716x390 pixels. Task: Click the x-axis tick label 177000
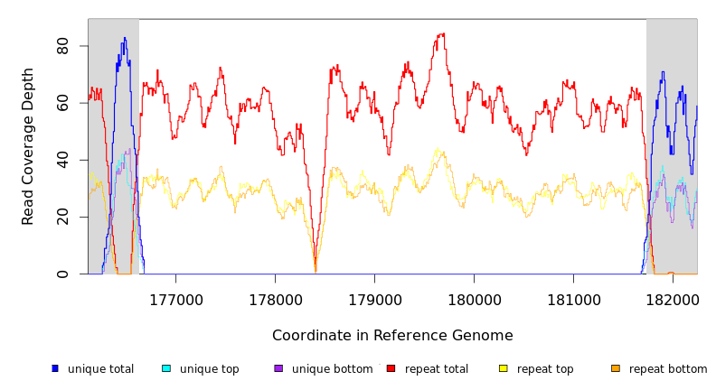click(x=175, y=299)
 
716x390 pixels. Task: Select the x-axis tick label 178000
click(x=275, y=299)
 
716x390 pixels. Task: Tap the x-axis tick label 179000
click(x=374, y=299)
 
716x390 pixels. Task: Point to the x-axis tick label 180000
click(x=475, y=299)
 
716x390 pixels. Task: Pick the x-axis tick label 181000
click(x=574, y=299)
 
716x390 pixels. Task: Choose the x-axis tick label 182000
click(x=673, y=299)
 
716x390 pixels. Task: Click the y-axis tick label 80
click(x=62, y=46)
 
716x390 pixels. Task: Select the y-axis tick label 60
click(x=62, y=103)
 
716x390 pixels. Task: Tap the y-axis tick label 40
click(x=62, y=160)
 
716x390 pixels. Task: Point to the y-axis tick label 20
click(x=62, y=217)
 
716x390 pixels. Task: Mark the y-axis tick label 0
click(x=62, y=274)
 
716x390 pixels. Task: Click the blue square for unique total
click(x=55, y=368)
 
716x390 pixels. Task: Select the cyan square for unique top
click(x=165, y=368)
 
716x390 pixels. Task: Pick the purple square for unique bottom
click(x=278, y=368)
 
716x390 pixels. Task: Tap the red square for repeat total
click(x=391, y=368)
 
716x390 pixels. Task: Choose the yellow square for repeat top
click(x=504, y=368)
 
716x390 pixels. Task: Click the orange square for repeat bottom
click(x=616, y=368)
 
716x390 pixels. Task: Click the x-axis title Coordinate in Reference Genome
click(x=392, y=336)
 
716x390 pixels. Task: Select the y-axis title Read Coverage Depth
click(x=29, y=146)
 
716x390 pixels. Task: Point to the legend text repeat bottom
click(x=668, y=369)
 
